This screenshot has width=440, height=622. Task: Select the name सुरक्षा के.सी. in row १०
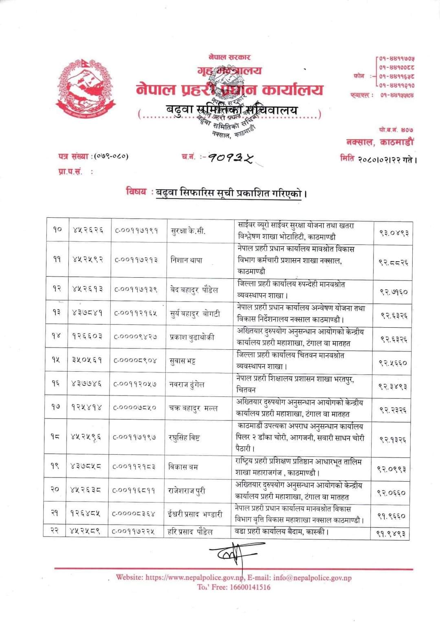188,231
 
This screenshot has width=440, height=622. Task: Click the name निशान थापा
186,260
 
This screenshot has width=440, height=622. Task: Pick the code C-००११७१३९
136,289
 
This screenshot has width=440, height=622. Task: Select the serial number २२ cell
55,531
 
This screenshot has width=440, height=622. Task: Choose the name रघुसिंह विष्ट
184,438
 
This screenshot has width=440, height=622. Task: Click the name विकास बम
183,466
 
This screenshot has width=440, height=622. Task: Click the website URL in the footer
194,577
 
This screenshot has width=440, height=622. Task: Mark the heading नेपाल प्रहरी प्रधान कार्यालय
230,90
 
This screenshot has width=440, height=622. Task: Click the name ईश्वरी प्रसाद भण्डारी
195,514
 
